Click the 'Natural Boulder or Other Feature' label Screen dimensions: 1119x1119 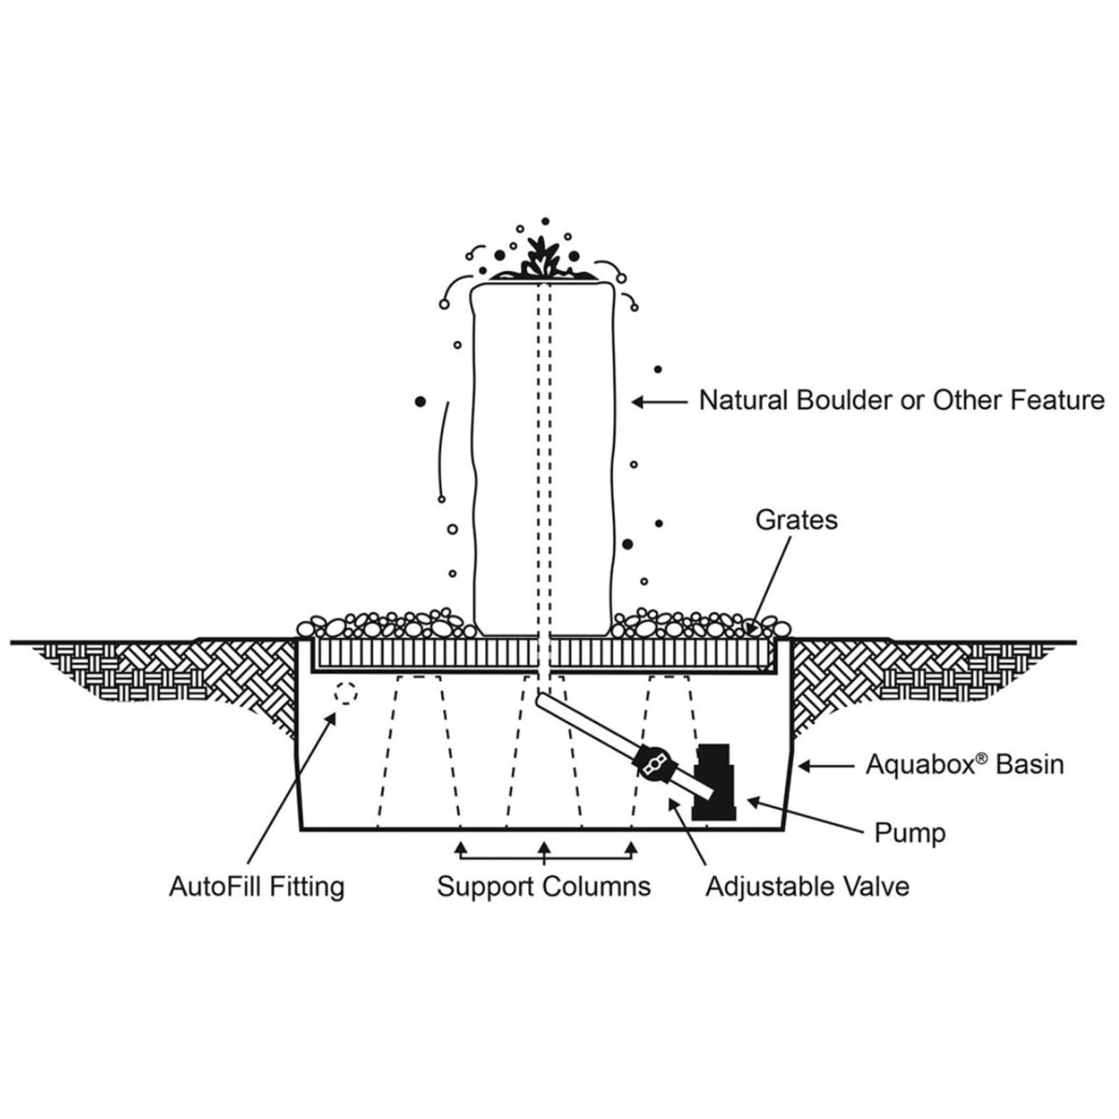[x=901, y=400]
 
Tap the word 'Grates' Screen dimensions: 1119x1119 [x=796, y=520]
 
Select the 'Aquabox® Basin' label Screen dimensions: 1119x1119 [x=964, y=765]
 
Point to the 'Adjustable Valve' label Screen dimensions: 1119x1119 [x=807, y=886]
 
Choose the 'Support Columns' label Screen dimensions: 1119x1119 [x=544, y=886]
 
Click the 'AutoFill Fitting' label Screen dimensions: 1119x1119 [x=256, y=886]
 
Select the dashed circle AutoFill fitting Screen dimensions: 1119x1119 [x=346, y=693]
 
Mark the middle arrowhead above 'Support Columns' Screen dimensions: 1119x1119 [x=544, y=846]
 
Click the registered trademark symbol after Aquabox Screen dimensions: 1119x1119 [x=982, y=758]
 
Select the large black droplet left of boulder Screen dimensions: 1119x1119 [x=420, y=401]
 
